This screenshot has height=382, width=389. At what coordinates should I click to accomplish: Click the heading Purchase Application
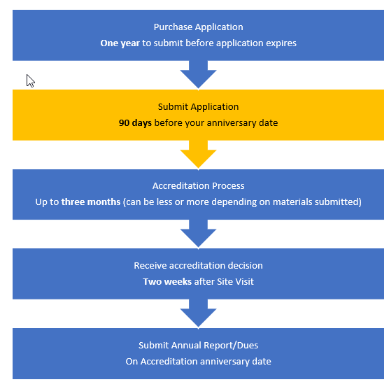tap(198, 27)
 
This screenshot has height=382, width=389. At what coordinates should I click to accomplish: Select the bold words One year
tap(120, 43)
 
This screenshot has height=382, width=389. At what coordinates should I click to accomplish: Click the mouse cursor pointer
tap(30, 81)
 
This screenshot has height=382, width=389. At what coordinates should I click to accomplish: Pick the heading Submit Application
tap(198, 107)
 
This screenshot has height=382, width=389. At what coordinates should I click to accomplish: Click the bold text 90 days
tap(135, 123)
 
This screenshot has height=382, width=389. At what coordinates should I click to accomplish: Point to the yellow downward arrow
tap(198, 155)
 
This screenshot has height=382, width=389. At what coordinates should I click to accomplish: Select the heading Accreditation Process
tap(198, 186)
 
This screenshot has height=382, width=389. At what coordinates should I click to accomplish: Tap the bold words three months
tap(91, 202)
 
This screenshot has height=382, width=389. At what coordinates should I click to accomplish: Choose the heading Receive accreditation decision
tap(198, 266)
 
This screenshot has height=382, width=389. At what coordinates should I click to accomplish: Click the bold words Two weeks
tap(167, 282)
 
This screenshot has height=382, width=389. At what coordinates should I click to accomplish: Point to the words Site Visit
tap(235, 282)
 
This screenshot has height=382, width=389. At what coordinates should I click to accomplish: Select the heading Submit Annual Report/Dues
tap(198, 346)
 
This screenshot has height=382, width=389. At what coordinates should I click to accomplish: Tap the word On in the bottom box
tap(132, 362)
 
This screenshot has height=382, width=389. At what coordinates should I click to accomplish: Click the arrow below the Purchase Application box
tap(198, 75)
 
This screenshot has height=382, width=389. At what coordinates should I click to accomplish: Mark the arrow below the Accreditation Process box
tap(198, 234)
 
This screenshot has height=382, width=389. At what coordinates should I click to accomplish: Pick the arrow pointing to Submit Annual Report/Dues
tap(198, 313)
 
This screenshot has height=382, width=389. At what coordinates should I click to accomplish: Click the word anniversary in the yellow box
tap(232, 123)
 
